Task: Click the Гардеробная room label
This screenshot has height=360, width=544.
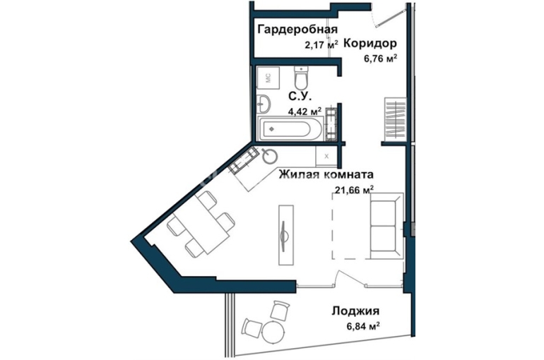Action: click(297, 30)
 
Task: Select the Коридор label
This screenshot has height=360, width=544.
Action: click(370, 44)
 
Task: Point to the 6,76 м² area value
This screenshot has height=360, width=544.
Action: click(380, 58)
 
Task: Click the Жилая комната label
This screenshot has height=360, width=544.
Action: click(326, 174)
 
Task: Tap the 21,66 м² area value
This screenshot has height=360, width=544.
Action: click(354, 189)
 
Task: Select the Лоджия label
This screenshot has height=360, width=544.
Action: click(355, 311)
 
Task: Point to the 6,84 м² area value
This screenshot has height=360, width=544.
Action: click(362, 326)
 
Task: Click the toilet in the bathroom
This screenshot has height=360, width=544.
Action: click(300, 76)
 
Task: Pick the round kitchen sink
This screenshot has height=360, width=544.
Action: click(270, 156)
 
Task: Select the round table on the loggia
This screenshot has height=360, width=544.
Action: click(273, 332)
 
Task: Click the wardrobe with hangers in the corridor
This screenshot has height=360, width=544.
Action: click(395, 119)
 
